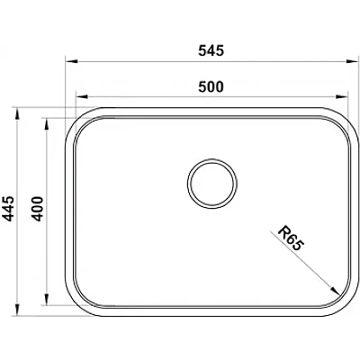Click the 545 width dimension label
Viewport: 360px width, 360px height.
[211, 50]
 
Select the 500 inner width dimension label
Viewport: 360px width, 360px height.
[211, 86]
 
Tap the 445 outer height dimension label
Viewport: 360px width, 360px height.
[8, 209]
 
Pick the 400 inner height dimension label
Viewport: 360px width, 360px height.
[38, 209]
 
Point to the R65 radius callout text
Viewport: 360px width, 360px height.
[291, 238]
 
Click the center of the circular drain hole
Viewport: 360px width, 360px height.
[212, 184]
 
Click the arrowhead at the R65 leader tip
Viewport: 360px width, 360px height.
[335, 291]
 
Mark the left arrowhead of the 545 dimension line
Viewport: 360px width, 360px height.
[72, 61]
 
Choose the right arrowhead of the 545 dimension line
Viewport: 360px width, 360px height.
[352, 61]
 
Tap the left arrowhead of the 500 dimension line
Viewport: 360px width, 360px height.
[82, 97]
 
